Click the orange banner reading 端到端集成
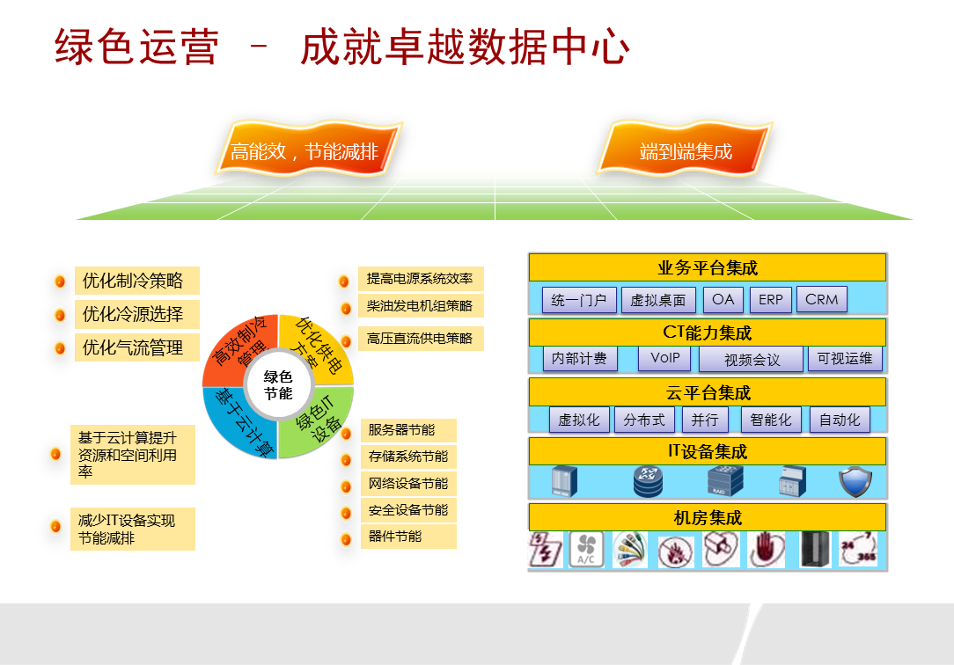pyautogui.click(x=686, y=149)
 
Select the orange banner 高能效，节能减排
pyautogui.click(x=309, y=149)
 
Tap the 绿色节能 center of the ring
pyautogui.click(x=278, y=385)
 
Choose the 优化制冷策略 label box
pyautogui.click(x=137, y=281)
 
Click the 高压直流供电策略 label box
pyautogui.click(x=421, y=339)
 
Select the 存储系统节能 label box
pyautogui.click(x=408, y=457)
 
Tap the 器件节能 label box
pyautogui.click(x=408, y=537)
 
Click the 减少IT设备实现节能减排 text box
pyautogui.click(x=133, y=529)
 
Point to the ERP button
pyautogui.click(x=771, y=300)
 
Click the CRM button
pyautogui.click(x=821, y=300)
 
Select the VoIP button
pyautogui.click(x=665, y=358)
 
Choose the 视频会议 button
pyautogui.click(x=752, y=359)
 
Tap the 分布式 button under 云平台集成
pyautogui.click(x=644, y=420)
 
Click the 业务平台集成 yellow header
pyautogui.click(x=708, y=267)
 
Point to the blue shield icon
pyautogui.click(x=855, y=482)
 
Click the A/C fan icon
pyautogui.click(x=586, y=549)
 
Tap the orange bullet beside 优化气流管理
pyautogui.click(x=60, y=348)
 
